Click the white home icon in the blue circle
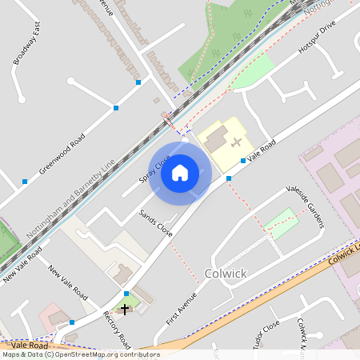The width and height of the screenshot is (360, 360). [180, 172]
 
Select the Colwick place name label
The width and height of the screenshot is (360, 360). [226, 274]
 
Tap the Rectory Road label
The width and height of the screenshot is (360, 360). [117, 328]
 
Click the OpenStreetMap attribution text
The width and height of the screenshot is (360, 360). [80, 354]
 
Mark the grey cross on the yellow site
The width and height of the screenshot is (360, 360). [236, 142]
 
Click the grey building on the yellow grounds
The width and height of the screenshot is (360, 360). [214, 140]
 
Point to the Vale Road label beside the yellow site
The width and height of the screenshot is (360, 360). [262, 150]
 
